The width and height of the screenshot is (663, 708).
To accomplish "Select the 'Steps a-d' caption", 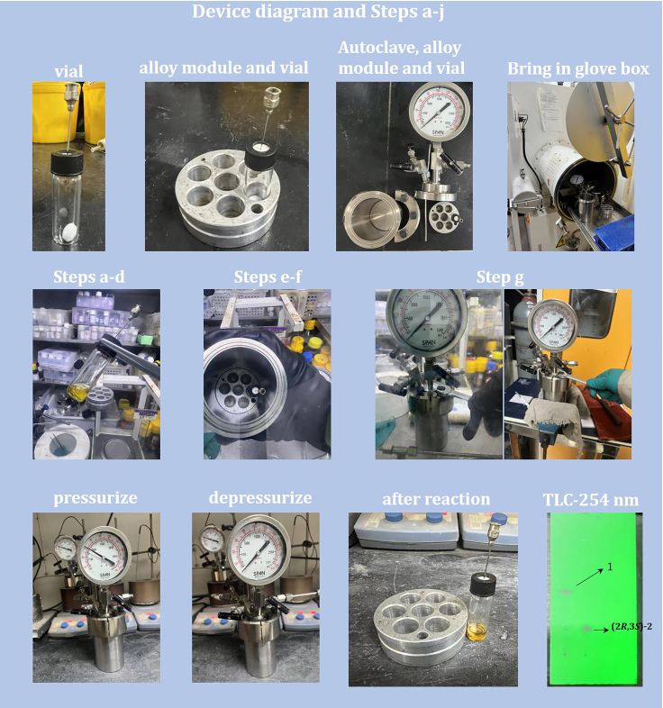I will coord(96,277).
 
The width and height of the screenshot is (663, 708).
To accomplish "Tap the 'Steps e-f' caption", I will coord(267,277).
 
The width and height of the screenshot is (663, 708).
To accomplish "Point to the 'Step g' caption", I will coord(503,277).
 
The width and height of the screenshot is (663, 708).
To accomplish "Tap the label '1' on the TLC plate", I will coord(611,567).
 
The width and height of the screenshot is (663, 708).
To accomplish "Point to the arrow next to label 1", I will coord(590,578).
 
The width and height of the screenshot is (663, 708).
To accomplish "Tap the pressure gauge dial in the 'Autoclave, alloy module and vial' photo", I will coord(440,118).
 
